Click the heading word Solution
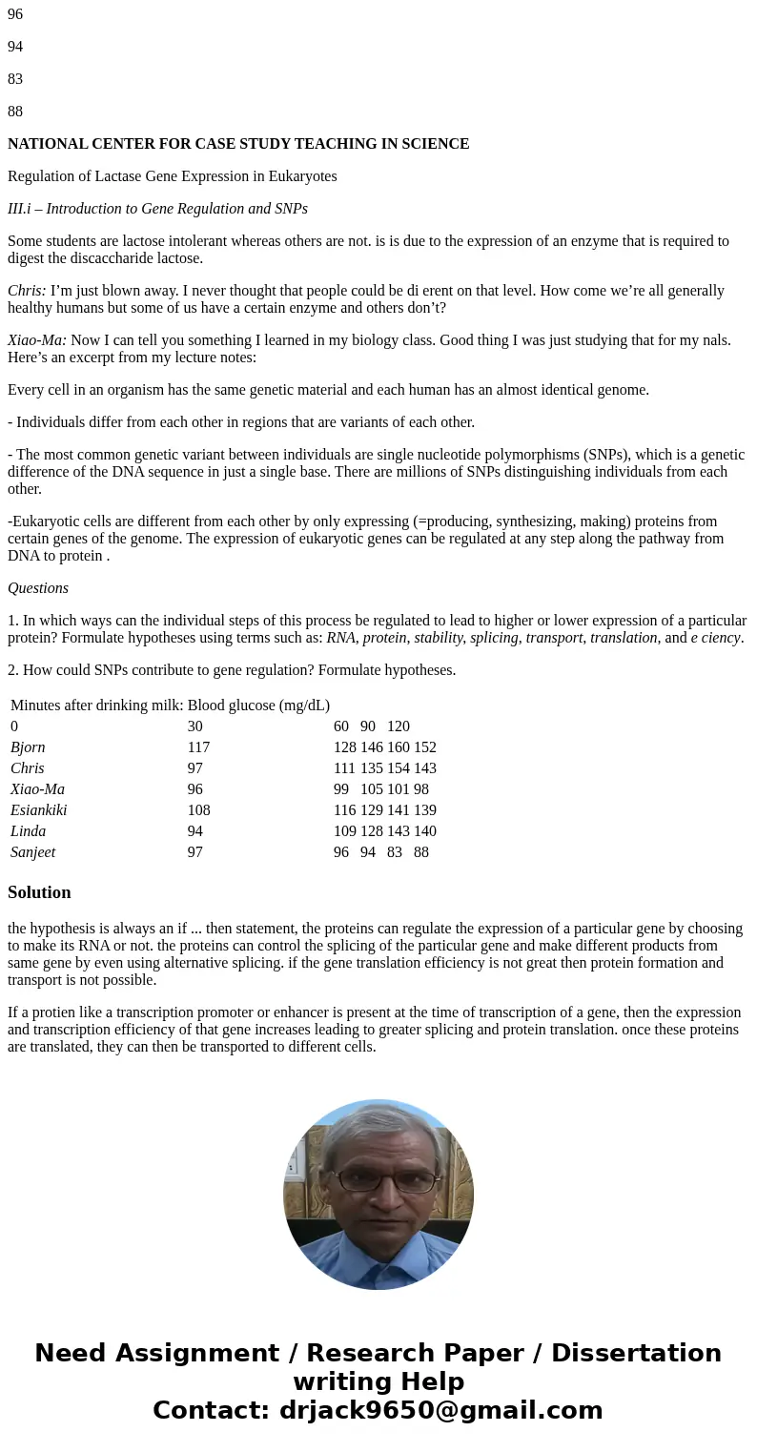[39, 892]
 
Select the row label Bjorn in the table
[28, 747]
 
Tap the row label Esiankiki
[39, 810]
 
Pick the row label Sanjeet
[33, 852]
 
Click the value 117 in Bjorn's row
[198, 747]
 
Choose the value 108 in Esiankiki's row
[198, 810]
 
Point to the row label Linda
[28, 831]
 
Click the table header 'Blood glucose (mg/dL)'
[258, 706]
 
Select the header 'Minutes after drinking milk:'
[97, 706]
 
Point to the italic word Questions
[38, 588]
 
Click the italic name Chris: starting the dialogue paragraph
[27, 291]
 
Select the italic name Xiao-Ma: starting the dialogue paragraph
[37, 339]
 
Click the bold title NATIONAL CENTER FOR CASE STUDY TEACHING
[238, 144]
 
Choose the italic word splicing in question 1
[494, 638]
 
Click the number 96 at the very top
[15, 14]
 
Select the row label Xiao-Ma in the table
[37, 789]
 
